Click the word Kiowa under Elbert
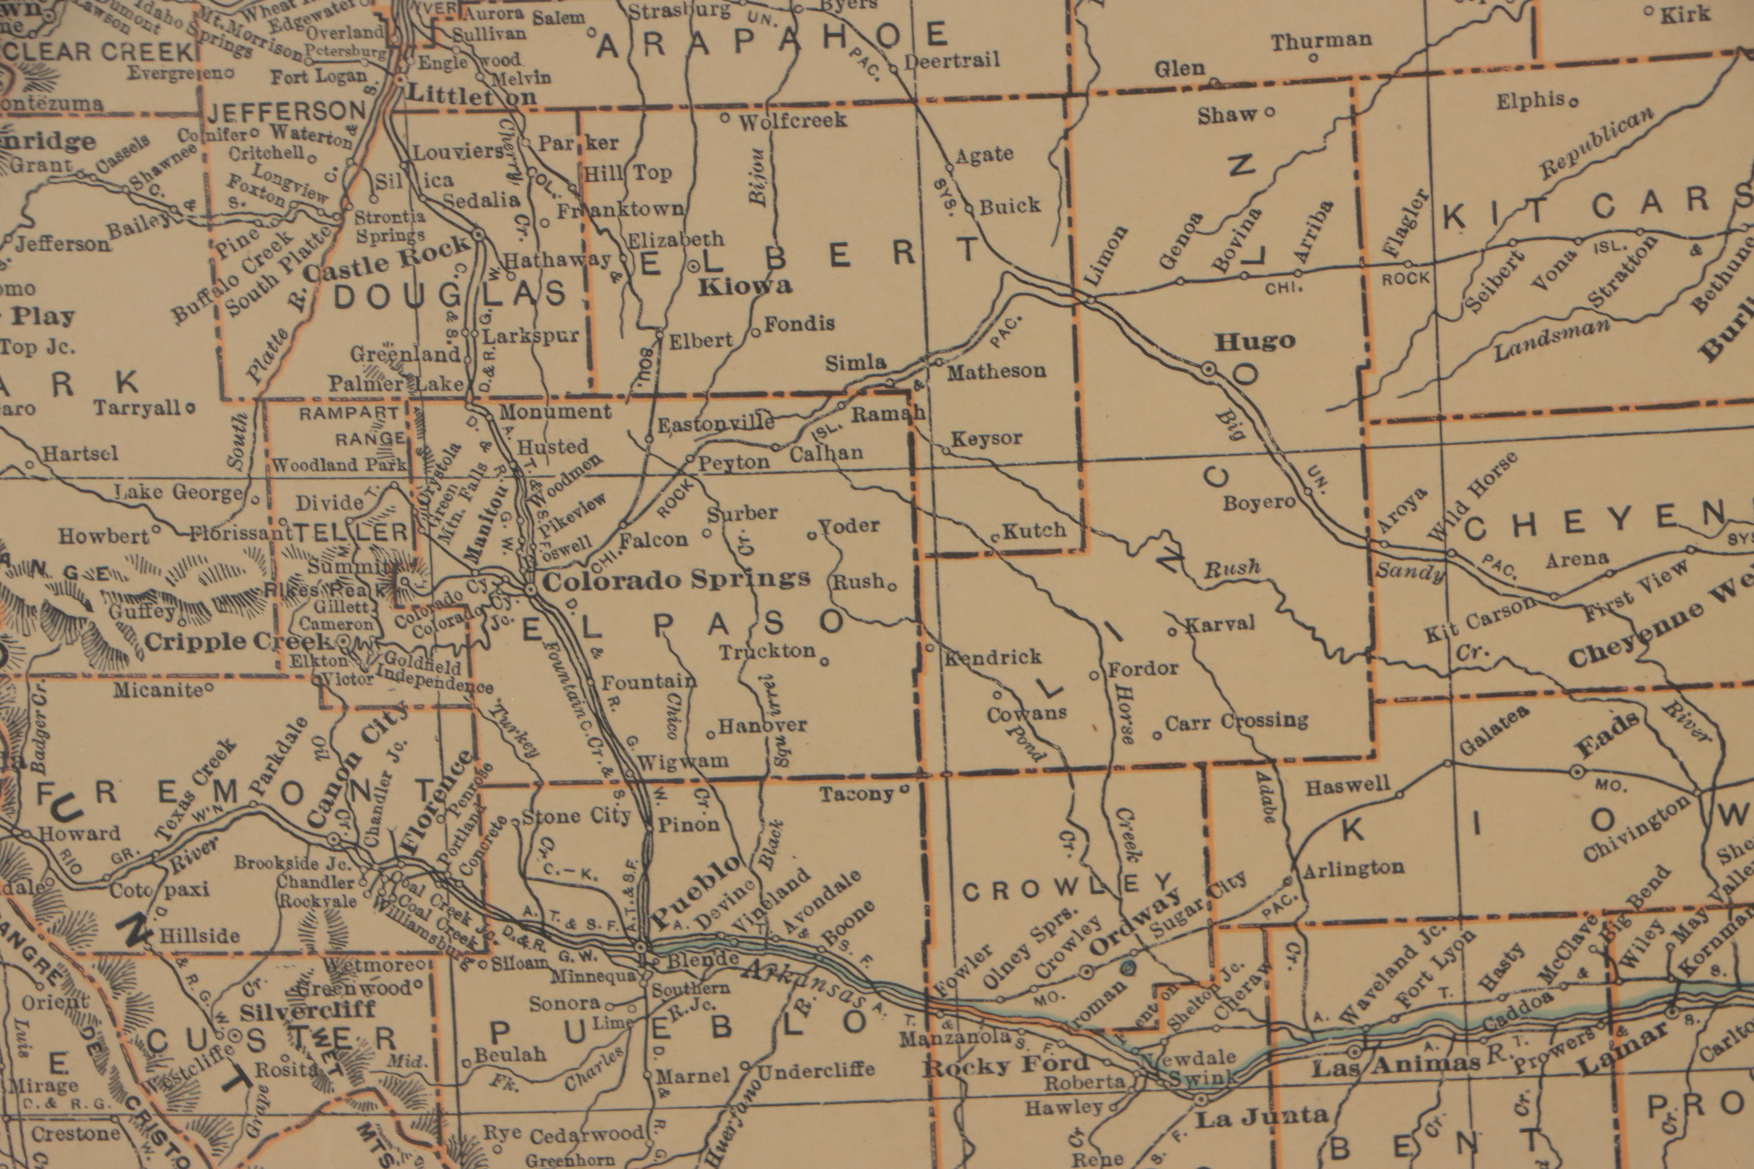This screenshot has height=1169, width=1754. pyautogui.click(x=744, y=286)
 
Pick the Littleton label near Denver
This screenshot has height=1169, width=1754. pyautogui.click(x=471, y=95)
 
